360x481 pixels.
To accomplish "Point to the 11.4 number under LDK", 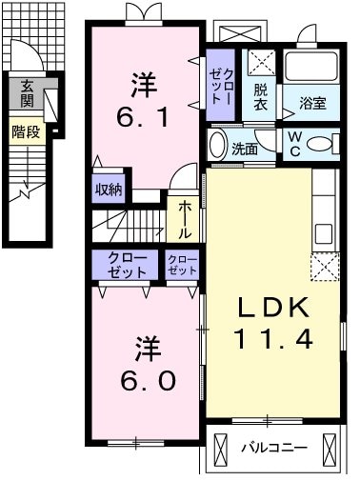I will tap(270, 338).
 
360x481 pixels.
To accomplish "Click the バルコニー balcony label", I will tap(273, 447).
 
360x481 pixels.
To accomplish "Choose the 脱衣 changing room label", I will tap(260, 96).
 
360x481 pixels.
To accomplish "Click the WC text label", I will tap(297, 143).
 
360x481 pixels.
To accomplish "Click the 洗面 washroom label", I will tap(245, 149).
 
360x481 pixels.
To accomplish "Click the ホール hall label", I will tap(184, 220).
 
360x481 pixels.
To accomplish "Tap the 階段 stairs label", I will tap(26, 131).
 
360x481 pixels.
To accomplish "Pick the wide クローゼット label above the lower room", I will tap(127, 265).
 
